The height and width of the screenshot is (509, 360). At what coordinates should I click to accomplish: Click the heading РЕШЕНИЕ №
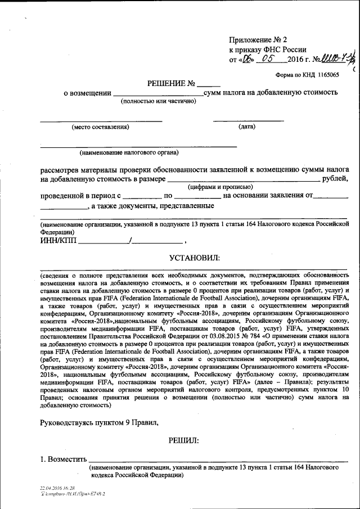click(x=172, y=83)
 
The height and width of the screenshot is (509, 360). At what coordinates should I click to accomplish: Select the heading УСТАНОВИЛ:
click(x=195, y=258)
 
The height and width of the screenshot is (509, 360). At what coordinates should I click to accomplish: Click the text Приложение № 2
click(x=258, y=40)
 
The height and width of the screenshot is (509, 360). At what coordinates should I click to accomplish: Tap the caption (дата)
click(x=247, y=127)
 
